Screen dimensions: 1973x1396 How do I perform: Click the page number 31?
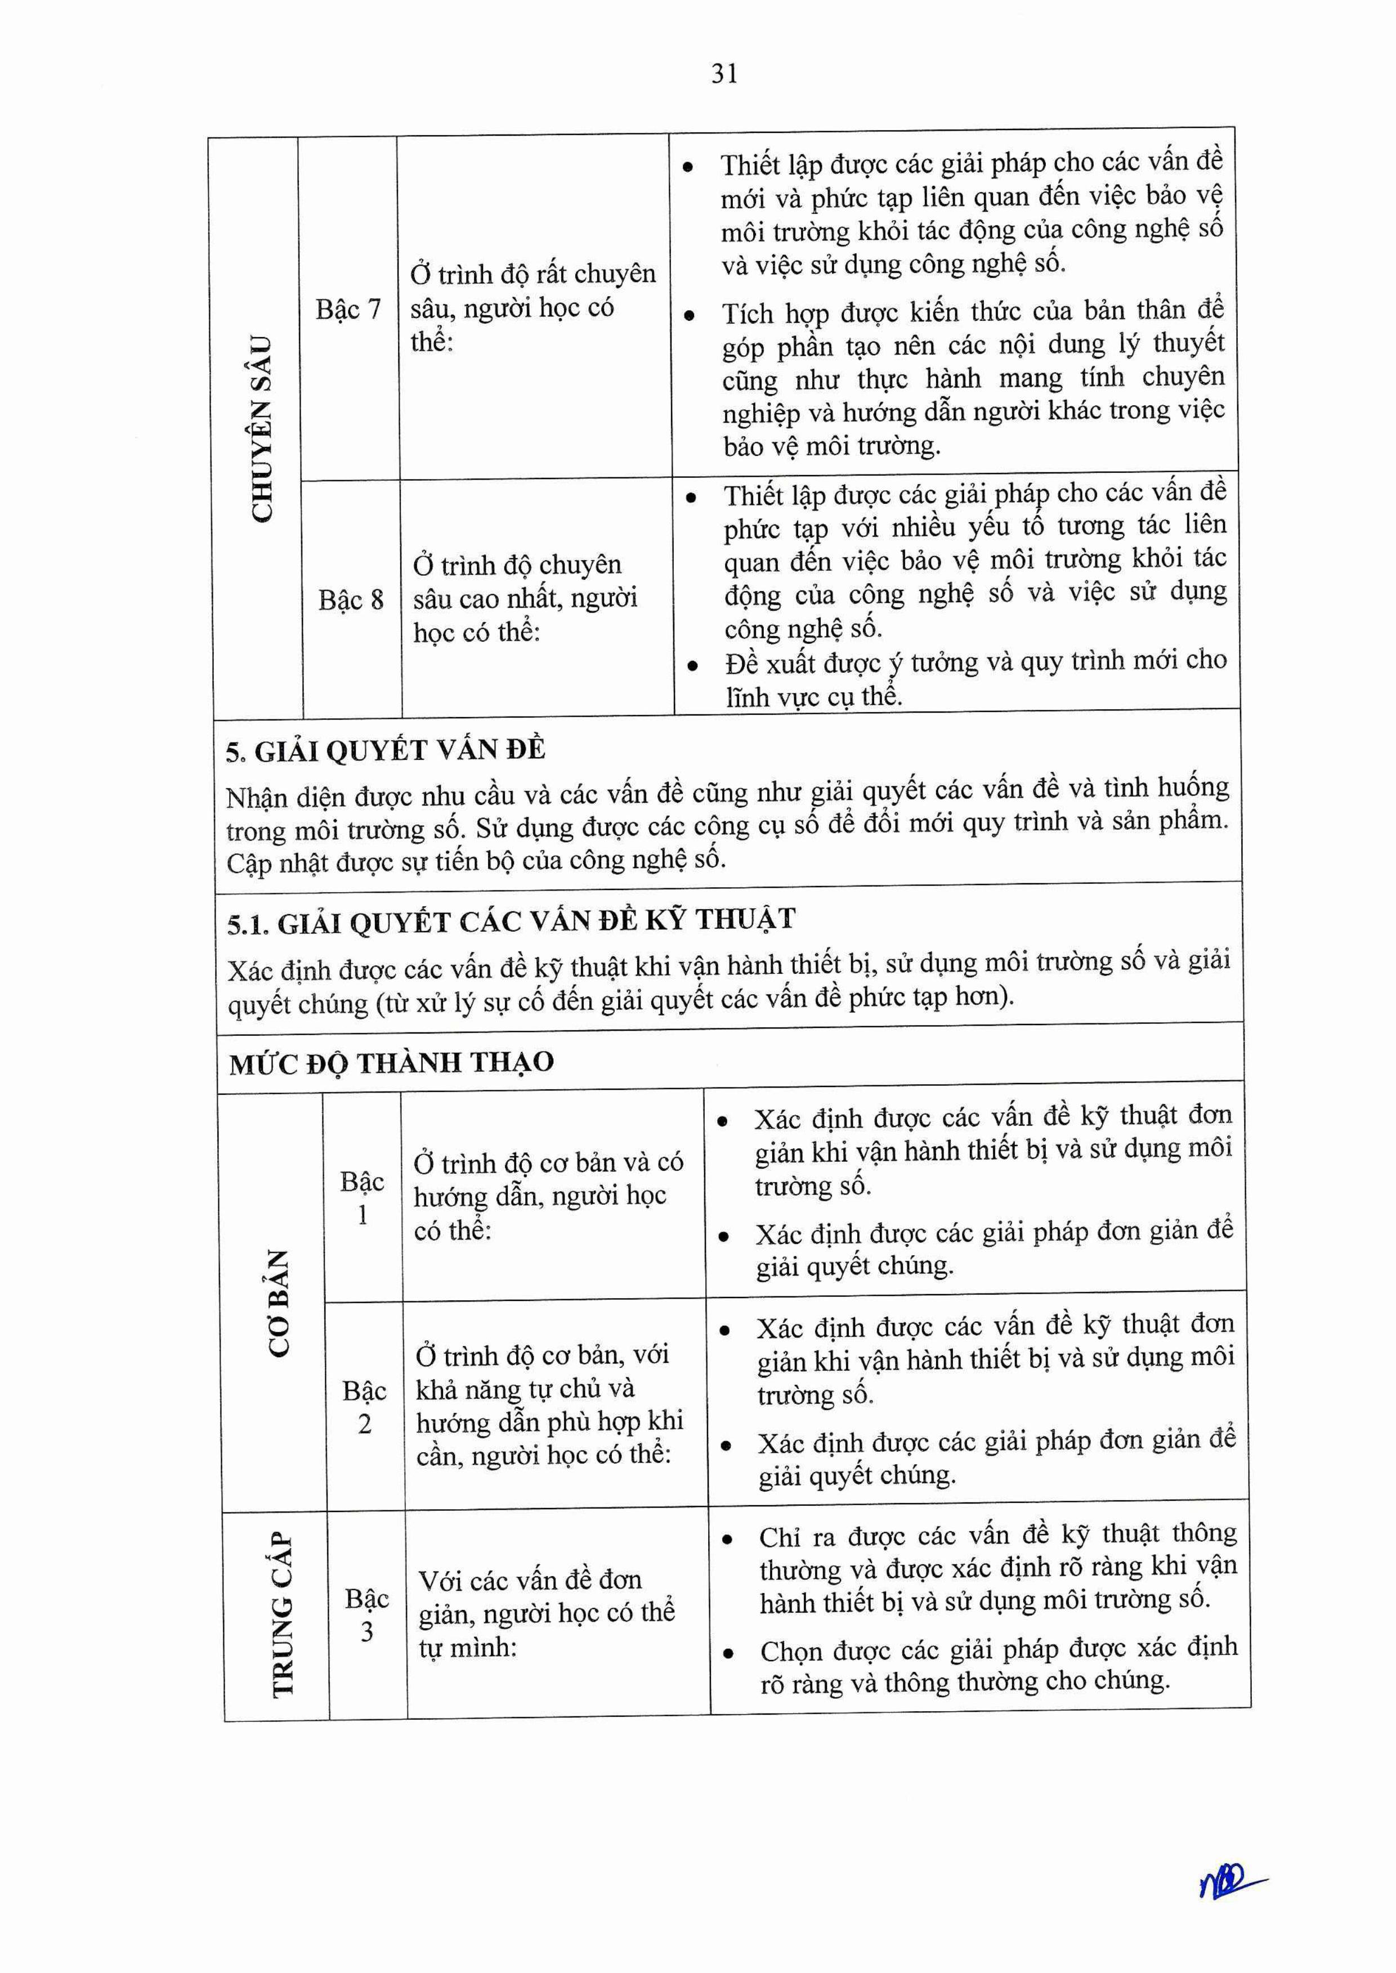(x=724, y=75)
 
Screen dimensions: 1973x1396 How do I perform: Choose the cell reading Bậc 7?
(x=348, y=308)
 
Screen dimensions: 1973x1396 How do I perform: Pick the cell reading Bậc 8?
(x=351, y=599)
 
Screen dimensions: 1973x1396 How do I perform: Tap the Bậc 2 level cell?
(x=364, y=1407)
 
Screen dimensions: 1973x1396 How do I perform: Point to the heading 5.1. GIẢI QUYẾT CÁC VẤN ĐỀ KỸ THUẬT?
(x=512, y=921)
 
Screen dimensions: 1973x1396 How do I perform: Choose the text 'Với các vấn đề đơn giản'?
(x=530, y=1580)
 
